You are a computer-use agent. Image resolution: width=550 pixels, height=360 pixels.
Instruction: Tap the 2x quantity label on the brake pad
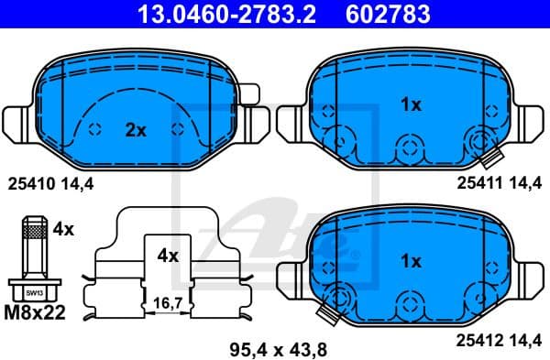(136, 131)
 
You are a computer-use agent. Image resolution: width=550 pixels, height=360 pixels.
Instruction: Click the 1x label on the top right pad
(411, 105)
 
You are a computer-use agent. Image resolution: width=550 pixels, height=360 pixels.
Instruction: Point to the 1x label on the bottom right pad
(411, 262)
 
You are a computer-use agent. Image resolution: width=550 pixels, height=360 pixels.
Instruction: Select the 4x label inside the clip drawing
(167, 256)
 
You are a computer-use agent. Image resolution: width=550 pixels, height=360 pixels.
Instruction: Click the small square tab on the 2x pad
(249, 93)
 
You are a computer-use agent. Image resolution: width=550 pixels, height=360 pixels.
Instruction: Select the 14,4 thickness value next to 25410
(77, 183)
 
